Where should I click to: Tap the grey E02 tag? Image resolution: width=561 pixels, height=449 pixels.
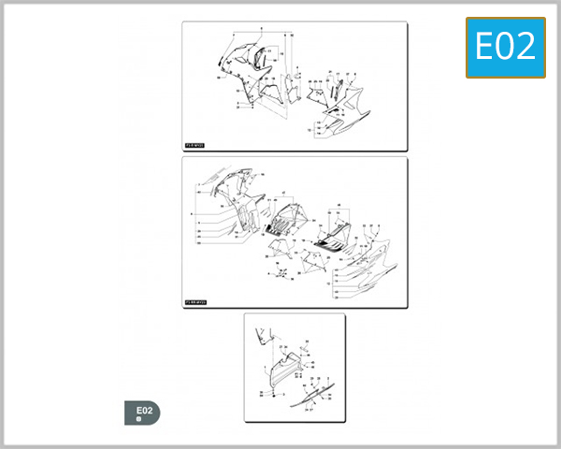pos(142,413)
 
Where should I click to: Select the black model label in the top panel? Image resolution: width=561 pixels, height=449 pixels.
pos(194,146)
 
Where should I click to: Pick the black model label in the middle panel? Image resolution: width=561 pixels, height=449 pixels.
pos(195,302)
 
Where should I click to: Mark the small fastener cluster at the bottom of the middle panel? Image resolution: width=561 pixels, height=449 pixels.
pos(279,274)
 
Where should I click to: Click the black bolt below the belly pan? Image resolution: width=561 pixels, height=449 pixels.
pos(272,396)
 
